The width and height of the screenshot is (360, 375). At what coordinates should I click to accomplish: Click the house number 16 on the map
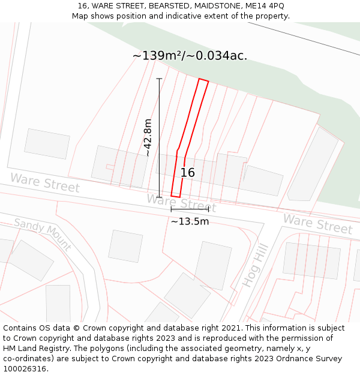click(x=187, y=173)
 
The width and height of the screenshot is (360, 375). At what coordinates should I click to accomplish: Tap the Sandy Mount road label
click(x=43, y=235)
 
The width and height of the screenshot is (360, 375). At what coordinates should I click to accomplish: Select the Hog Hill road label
click(x=254, y=266)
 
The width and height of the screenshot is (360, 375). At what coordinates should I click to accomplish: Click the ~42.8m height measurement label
click(x=148, y=137)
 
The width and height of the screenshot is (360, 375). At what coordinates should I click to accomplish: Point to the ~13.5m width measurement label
click(x=190, y=221)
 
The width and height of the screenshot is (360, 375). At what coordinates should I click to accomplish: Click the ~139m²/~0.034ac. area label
click(x=190, y=56)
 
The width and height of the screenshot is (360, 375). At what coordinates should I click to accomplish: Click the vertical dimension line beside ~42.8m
click(x=159, y=137)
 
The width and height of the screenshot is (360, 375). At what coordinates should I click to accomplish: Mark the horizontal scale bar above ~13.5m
click(x=190, y=209)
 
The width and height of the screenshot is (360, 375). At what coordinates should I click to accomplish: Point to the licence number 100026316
click(x=25, y=369)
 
